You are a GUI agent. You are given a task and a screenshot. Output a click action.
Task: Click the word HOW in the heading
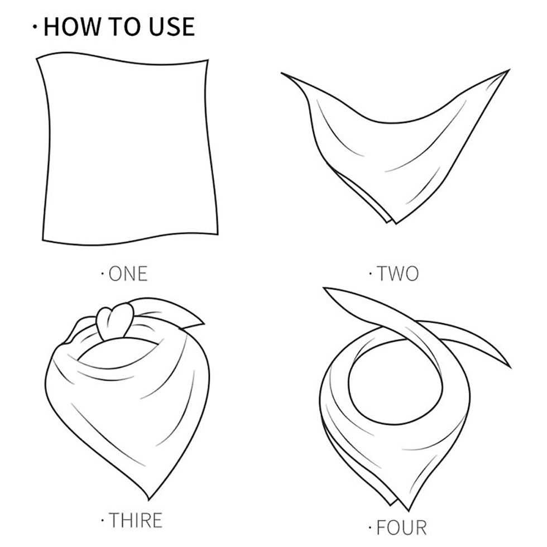click(x=71, y=26)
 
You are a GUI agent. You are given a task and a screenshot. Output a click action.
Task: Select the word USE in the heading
click(x=172, y=26)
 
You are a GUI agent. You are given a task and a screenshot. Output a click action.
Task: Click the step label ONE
click(x=128, y=273)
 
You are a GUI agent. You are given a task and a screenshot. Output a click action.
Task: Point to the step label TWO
click(x=397, y=273)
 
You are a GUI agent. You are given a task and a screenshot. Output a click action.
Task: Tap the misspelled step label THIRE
click(x=135, y=520)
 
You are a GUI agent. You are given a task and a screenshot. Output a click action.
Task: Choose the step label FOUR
click(x=401, y=527)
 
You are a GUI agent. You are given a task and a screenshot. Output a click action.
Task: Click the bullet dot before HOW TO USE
click(x=35, y=27)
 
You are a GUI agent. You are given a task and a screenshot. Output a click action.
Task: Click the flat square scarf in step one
click(x=128, y=150)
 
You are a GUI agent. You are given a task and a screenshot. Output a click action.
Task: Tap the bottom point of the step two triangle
click(x=396, y=223)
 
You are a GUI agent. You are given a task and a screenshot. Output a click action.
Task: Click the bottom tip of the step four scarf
click(x=409, y=510)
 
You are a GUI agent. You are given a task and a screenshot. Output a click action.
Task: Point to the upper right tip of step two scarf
click(x=509, y=70)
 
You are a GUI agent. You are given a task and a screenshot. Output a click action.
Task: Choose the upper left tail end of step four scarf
click(x=324, y=289)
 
